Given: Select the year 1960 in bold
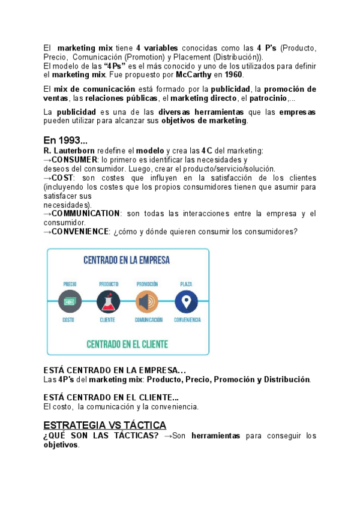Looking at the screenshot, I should (x=233, y=75).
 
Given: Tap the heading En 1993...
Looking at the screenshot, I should (x=65, y=140).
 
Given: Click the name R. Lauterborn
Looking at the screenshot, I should (x=70, y=151).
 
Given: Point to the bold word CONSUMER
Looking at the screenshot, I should (x=74, y=160).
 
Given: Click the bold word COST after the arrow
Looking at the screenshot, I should (x=62, y=178).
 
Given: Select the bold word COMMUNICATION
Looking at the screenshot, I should (x=86, y=214).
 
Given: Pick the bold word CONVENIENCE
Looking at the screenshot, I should (x=80, y=232).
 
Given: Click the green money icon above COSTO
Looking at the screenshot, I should (x=69, y=301).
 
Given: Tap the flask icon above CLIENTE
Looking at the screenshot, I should (x=107, y=301).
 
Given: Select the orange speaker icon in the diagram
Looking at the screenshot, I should (x=147, y=301).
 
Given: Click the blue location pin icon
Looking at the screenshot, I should (x=186, y=301).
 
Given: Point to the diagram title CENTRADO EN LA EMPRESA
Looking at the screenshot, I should (x=126, y=261).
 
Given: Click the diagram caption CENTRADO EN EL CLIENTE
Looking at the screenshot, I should (x=127, y=345).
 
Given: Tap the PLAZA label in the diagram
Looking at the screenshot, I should (x=186, y=284).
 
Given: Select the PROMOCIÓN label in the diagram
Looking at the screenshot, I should (x=147, y=284).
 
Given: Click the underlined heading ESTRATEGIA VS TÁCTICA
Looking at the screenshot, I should (x=105, y=426).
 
